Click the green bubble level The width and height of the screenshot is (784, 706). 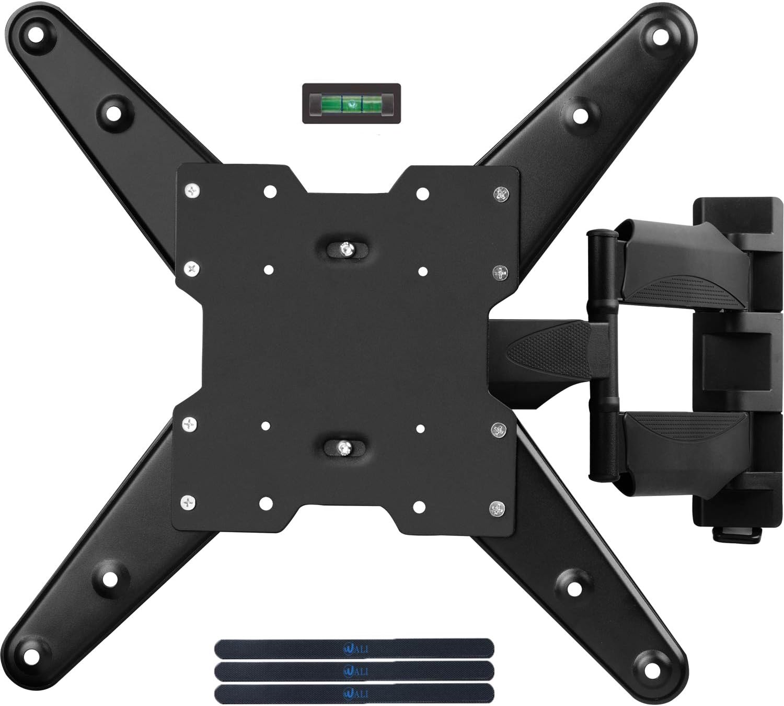(352, 103)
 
